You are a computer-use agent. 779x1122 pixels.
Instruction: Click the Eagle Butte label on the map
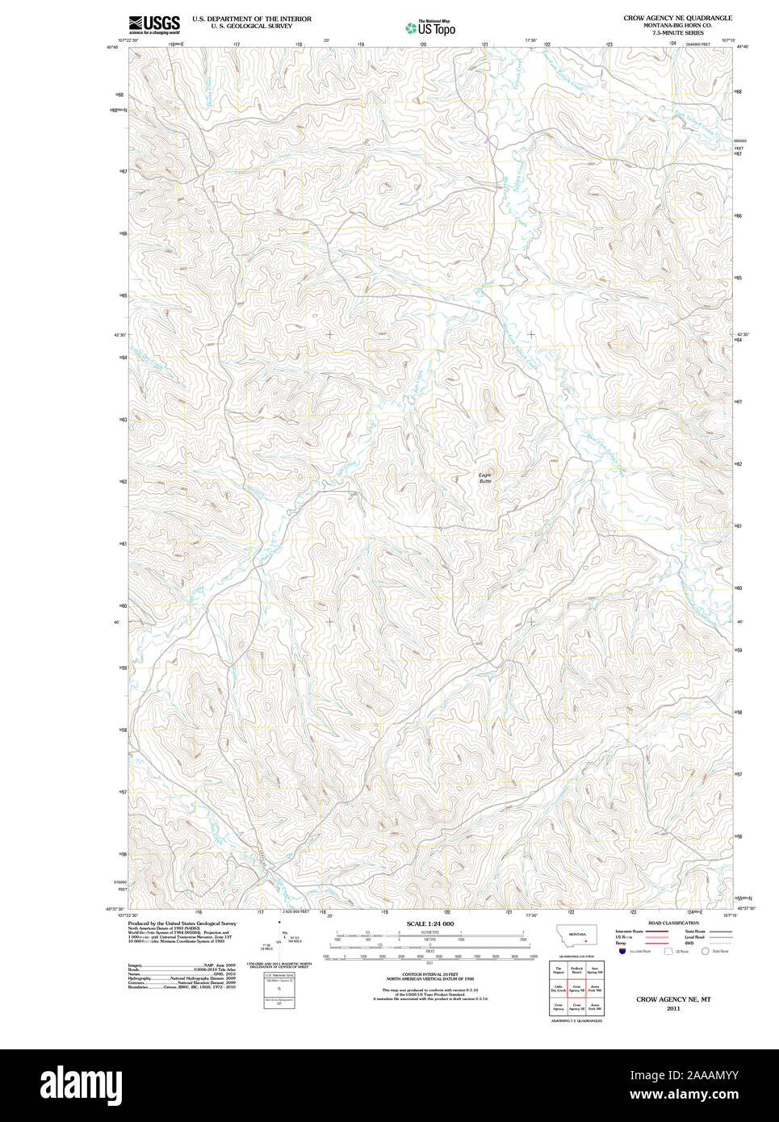point(484,477)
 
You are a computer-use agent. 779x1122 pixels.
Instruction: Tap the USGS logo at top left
point(154,24)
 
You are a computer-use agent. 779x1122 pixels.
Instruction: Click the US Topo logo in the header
point(431,28)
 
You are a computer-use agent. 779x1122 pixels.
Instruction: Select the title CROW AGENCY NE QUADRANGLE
point(677,18)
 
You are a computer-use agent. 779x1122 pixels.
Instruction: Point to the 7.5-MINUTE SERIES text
point(677,33)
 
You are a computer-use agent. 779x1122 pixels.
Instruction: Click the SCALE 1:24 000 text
point(429,923)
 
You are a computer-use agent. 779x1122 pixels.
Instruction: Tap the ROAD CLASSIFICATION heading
point(673,923)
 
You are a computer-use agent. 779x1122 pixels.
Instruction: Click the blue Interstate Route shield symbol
point(622,951)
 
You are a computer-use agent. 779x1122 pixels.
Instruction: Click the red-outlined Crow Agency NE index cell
point(576,989)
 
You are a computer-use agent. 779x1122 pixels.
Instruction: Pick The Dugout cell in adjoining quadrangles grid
point(559,970)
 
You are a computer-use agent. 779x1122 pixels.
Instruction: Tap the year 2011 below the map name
point(673,1008)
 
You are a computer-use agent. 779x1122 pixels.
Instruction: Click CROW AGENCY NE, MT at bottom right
point(673,999)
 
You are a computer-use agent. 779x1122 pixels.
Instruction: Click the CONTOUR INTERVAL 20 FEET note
point(429,974)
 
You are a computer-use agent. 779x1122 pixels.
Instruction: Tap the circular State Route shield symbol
point(704,951)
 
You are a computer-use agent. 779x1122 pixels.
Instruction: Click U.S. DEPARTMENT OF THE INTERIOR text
point(251,19)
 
